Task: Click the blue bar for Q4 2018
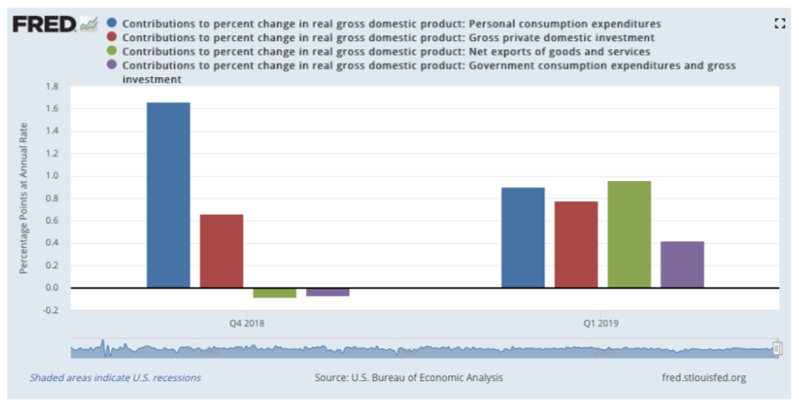coord(168,195)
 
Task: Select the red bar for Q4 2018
coord(221,251)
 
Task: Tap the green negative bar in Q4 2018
coord(275,292)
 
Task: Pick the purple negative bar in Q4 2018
coord(327,291)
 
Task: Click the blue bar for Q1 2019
coord(523,238)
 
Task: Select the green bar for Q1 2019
coord(629,234)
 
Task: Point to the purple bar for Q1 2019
coord(682,265)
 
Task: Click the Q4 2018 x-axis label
coord(248,323)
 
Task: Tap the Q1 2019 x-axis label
coord(602,323)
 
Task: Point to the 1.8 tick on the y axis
coord(52,86)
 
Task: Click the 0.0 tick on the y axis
coord(52,288)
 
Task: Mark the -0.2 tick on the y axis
coord(51,310)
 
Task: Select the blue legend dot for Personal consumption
coord(113,24)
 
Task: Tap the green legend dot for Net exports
coord(113,52)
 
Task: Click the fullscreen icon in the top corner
coord(781,24)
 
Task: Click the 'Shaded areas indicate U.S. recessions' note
coord(116,378)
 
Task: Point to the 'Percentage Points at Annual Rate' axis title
coord(24,198)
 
